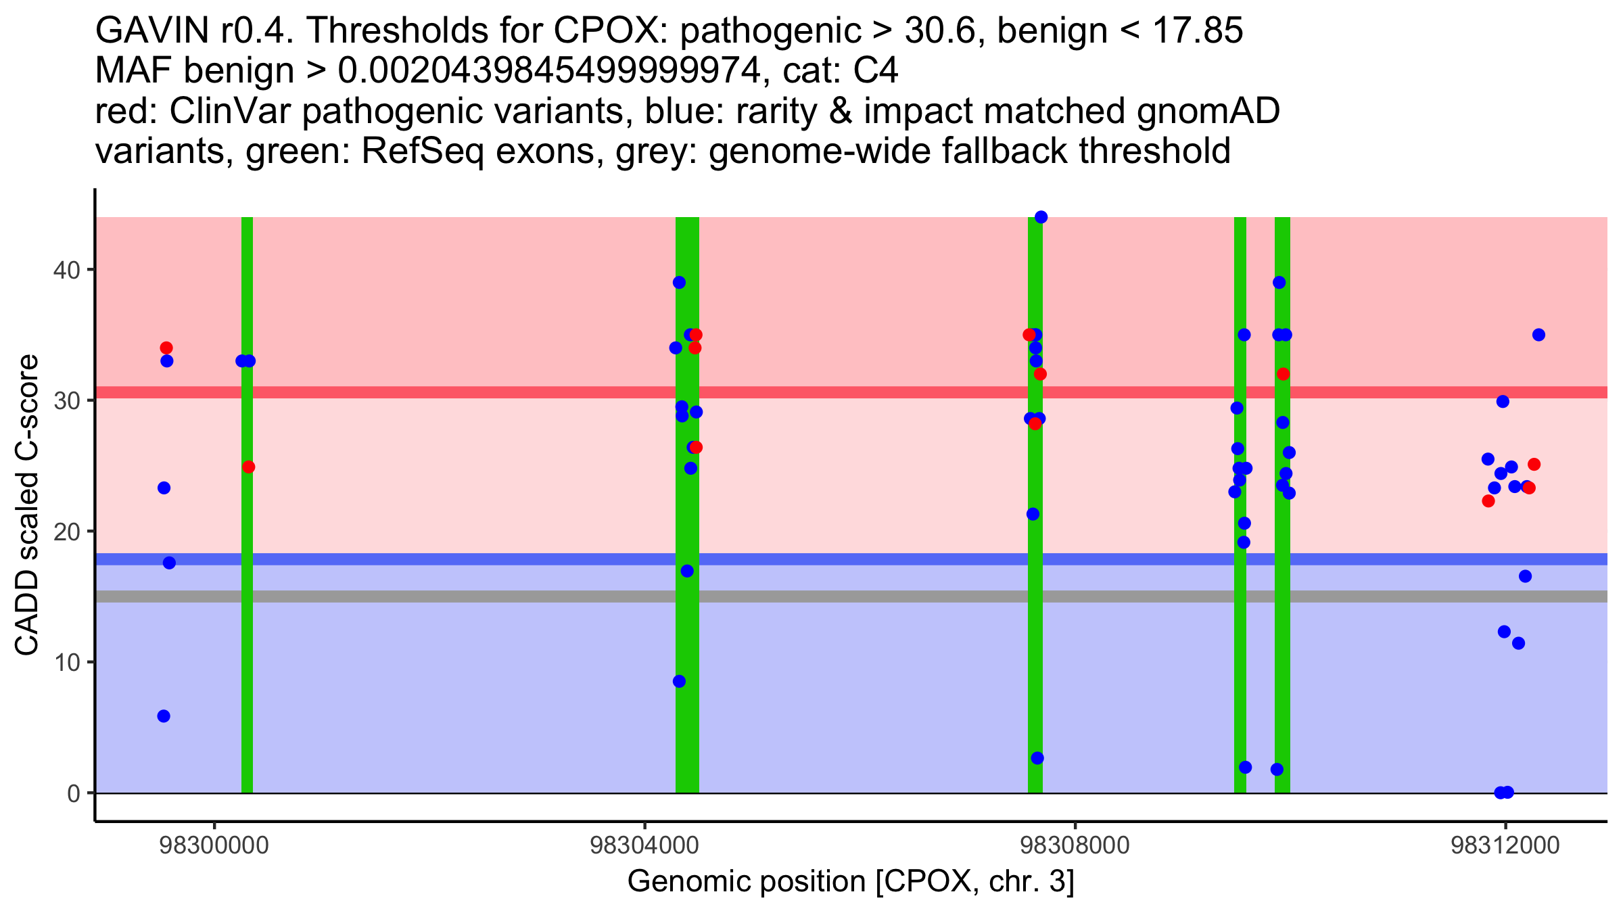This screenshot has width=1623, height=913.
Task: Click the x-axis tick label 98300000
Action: point(214,846)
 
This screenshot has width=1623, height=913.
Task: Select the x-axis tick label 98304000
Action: point(644,846)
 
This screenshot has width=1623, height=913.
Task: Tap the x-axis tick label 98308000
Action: point(1075,846)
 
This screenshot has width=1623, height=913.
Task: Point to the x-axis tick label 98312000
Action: point(1505,846)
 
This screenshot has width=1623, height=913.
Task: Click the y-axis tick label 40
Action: point(66,270)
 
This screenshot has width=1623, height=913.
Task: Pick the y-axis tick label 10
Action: point(66,662)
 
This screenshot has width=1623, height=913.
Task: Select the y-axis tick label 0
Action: point(73,793)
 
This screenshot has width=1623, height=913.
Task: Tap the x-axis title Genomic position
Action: point(850,882)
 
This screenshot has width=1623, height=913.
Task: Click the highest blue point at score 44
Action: point(1041,217)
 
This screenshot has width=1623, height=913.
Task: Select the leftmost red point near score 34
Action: point(166,348)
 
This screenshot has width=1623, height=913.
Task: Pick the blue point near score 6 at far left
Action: point(164,716)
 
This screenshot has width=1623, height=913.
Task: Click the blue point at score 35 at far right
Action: point(1538,335)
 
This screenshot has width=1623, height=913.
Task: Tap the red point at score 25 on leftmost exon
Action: point(249,467)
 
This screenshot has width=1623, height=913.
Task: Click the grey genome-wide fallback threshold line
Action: point(811,596)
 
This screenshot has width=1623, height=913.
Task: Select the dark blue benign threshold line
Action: point(811,559)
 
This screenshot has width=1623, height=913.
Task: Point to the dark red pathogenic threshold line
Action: point(811,392)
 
